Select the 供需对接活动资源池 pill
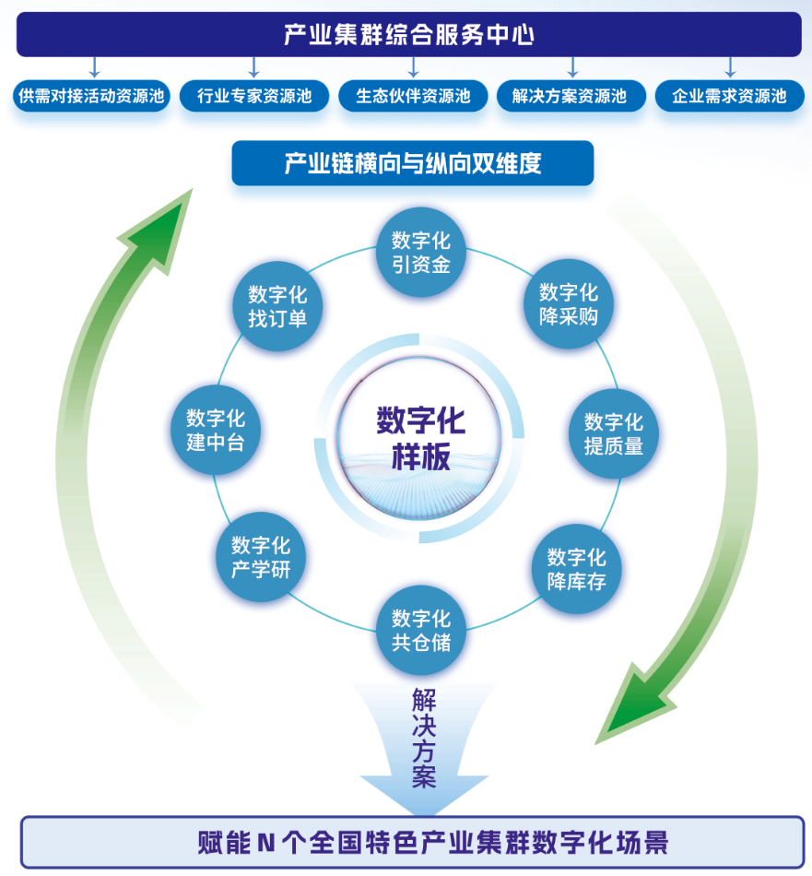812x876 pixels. click(93, 96)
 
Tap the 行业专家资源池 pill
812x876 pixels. click(253, 96)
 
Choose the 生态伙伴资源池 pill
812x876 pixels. click(413, 96)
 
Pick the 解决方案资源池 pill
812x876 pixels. click(571, 96)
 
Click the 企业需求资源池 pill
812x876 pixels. click(729, 96)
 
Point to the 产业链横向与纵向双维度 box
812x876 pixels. click(412, 163)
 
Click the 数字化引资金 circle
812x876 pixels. click(421, 254)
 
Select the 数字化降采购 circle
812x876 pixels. click(569, 305)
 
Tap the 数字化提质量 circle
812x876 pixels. click(614, 433)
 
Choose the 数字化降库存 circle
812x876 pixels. click(577, 569)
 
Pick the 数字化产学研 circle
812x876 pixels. click(261, 557)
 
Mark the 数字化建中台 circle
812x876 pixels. click(216, 431)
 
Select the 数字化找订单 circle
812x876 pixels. click(277, 306)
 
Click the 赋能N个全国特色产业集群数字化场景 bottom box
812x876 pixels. click(412, 842)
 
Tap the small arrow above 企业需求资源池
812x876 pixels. click(730, 67)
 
